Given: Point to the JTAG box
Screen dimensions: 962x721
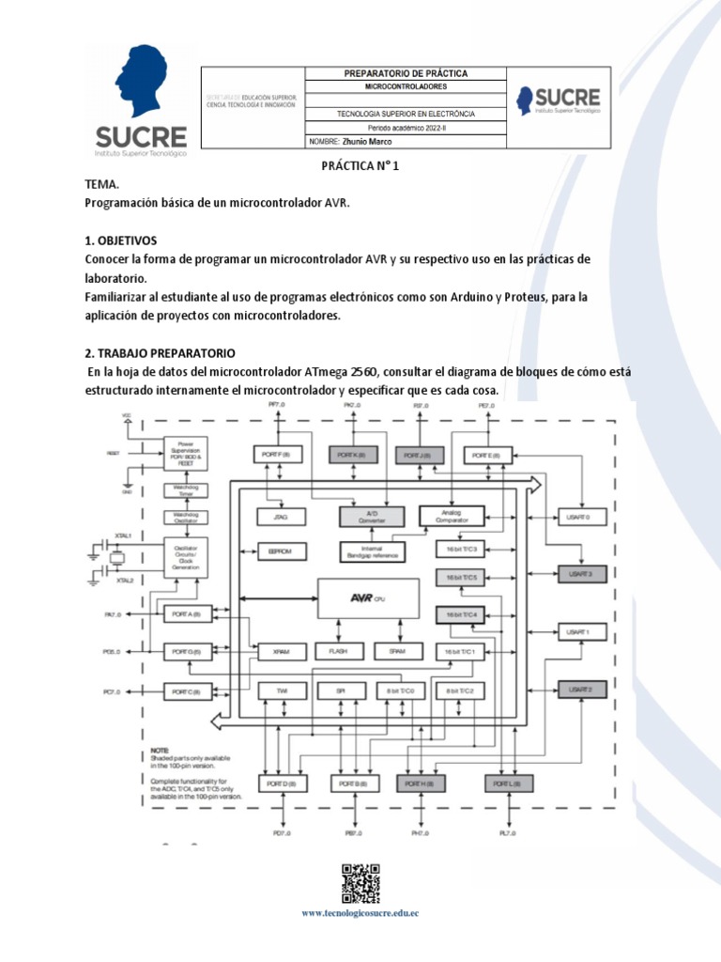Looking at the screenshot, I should [279, 516].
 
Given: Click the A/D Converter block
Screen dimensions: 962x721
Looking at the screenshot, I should [370, 515].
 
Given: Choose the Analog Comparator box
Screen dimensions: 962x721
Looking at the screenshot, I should [451, 515].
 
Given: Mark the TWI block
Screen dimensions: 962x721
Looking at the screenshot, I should [282, 690].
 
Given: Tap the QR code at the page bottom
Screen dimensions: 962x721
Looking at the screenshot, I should [360, 883].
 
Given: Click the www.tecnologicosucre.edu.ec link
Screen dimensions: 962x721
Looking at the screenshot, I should [360, 913].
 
